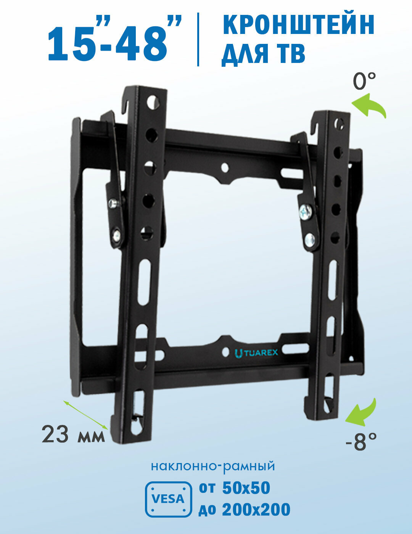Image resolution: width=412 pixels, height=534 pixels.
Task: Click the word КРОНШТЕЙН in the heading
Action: pos(298,26)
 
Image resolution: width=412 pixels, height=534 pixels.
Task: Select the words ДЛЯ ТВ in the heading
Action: pos(263,54)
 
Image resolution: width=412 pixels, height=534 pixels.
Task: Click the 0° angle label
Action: pos(364,81)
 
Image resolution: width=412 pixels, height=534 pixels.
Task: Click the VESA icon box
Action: pos(168,499)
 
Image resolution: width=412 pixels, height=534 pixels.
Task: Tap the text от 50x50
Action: pos(234,488)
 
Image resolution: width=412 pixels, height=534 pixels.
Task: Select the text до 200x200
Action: pos(244,510)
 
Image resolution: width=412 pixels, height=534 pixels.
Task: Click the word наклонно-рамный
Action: pos(213,466)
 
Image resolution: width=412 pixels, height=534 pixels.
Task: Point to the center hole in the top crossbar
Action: pos(225,167)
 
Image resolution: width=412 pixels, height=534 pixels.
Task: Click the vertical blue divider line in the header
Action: pos(198,39)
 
